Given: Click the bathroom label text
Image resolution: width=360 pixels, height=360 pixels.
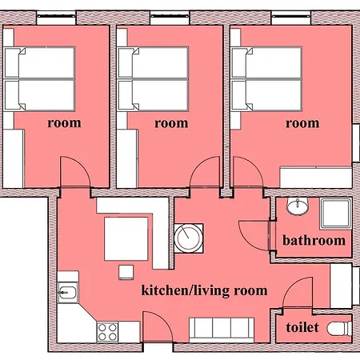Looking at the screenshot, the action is pos(314,241).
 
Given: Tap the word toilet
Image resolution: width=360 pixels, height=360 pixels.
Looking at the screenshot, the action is pos(302,327).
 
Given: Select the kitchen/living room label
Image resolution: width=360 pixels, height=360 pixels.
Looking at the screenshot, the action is pos(204,290).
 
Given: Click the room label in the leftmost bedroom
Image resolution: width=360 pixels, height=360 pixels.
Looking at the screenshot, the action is pos(64,123).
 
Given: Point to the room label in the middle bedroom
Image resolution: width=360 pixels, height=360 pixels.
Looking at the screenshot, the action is pos(171,123).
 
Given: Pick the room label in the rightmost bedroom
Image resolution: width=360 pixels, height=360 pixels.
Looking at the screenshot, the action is pos(302,123).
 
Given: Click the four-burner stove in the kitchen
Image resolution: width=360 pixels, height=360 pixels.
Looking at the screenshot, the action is pos(107,332).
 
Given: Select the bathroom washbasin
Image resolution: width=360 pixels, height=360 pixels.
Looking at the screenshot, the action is pos(298,206).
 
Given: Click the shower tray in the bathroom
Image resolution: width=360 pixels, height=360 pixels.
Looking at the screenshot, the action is pos(335,214).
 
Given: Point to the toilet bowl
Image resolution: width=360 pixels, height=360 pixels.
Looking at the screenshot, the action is pos(339,328).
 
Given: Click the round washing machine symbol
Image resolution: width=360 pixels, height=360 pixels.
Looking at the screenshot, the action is pos(189,238).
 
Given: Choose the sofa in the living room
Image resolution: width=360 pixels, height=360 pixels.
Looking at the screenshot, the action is pos(222,330).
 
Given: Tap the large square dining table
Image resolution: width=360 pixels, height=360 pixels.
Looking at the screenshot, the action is pos(126,238).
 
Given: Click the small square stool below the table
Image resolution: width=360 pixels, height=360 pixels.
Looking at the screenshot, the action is pos(126,272).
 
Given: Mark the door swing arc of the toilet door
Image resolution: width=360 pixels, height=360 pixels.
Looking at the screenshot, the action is pos(291,286).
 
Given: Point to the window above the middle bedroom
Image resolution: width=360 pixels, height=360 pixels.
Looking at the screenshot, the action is pos(170,18).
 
